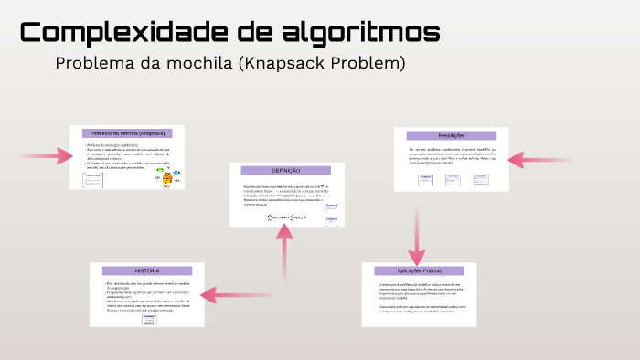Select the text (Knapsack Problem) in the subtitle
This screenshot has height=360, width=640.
pyautogui.click(x=327, y=64)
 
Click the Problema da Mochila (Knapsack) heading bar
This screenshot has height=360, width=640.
pyautogui.click(x=127, y=133)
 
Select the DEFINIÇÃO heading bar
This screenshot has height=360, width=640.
pyautogui.click(x=286, y=171)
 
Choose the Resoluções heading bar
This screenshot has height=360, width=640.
pyautogui.click(x=452, y=135)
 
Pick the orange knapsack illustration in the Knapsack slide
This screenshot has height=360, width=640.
pyautogui.click(x=165, y=178)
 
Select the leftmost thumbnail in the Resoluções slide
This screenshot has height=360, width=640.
pyautogui.click(x=426, y=180)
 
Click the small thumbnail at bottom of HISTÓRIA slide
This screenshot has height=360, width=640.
pyautogui.click(x=135, y=320)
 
